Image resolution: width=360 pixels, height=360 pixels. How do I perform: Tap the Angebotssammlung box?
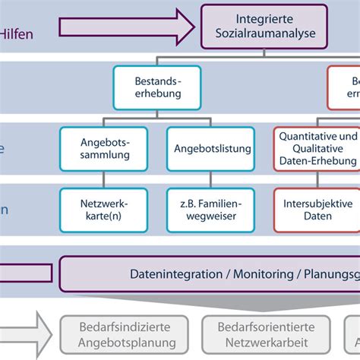tap(105, 148)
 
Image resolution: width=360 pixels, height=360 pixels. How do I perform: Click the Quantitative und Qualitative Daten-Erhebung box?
tap(317, 148)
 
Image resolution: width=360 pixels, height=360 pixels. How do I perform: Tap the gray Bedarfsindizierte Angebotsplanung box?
tap(125, 336)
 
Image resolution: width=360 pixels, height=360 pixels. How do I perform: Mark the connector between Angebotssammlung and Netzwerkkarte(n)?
tap(105, 180)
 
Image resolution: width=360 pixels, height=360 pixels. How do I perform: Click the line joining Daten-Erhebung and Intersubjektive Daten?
tap(317, 180)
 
